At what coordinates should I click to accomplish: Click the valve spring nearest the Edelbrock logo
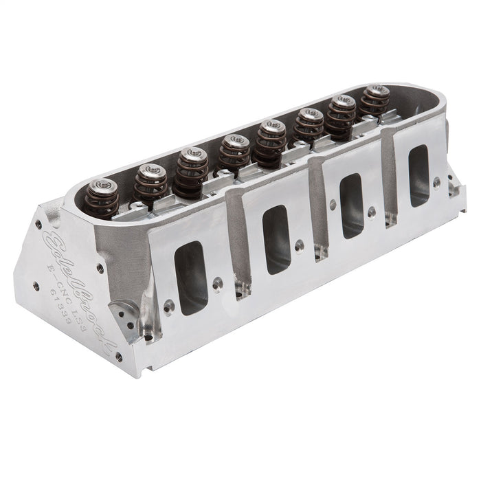click(102, 198)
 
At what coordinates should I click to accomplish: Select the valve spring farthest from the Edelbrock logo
click(375, 100)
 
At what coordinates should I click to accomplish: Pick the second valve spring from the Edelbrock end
click(150, 182)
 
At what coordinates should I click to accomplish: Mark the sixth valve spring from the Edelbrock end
click(309, 125)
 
